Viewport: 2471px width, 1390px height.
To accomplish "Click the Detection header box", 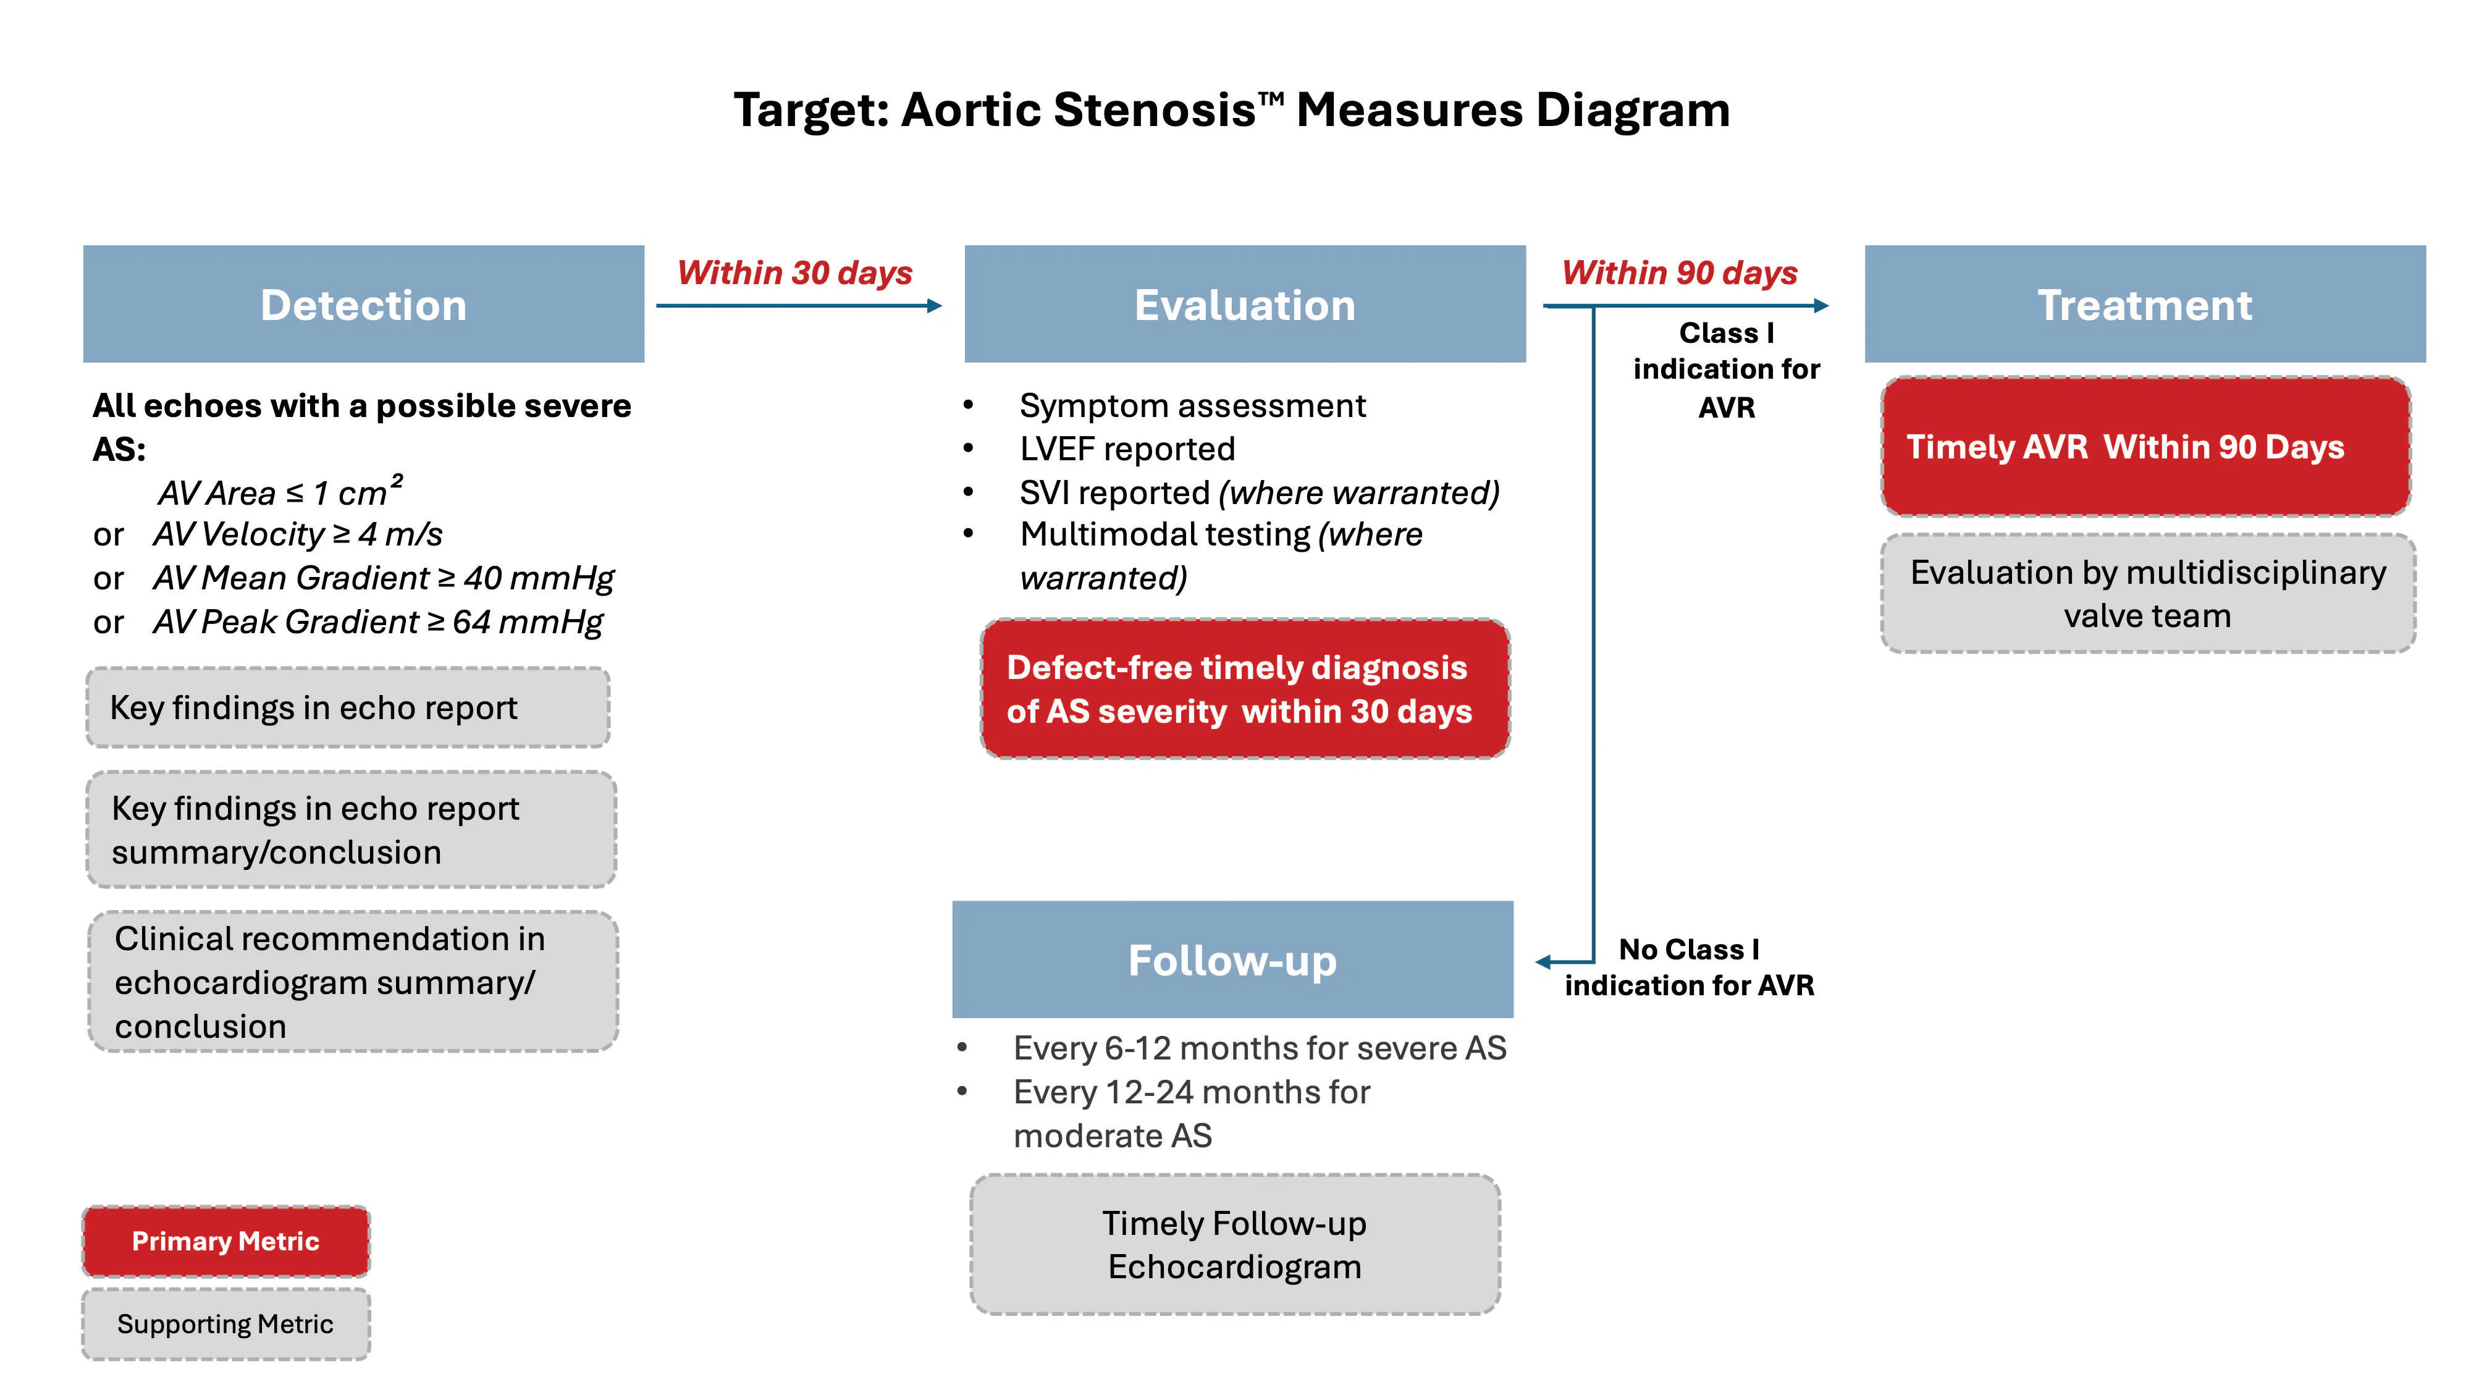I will [x=364, y=304].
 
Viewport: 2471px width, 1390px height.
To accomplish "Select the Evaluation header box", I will [x=1244, y=304].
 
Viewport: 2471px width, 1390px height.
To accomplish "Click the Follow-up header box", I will [x=1232, y=959].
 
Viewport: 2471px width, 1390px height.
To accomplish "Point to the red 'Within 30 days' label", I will [x=794, y=272].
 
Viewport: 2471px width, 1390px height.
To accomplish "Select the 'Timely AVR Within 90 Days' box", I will [x=2145, y=446].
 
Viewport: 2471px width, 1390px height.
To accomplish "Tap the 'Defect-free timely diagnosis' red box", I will [x=1244, y=689].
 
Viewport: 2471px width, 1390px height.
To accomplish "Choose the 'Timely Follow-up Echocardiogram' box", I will [x=1234, y=1244].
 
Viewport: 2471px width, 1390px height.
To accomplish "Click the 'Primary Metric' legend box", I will [x=225, y=1240].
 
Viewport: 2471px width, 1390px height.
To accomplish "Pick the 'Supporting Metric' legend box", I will [x=225, y=1324].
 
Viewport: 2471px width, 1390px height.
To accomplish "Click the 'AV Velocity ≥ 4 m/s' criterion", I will [x=297, y=534].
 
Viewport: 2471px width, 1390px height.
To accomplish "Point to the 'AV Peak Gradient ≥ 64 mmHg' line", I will [x=378, y=621].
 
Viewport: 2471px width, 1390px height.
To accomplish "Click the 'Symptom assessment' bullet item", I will [x=1192, y=406].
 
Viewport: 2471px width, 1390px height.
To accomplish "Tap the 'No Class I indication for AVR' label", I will [x=1688, y=967].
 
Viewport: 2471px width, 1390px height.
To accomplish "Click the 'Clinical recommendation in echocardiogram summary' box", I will [x=352, y=982].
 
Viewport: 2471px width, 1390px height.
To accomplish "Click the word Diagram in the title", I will [x=1633, y=109].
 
